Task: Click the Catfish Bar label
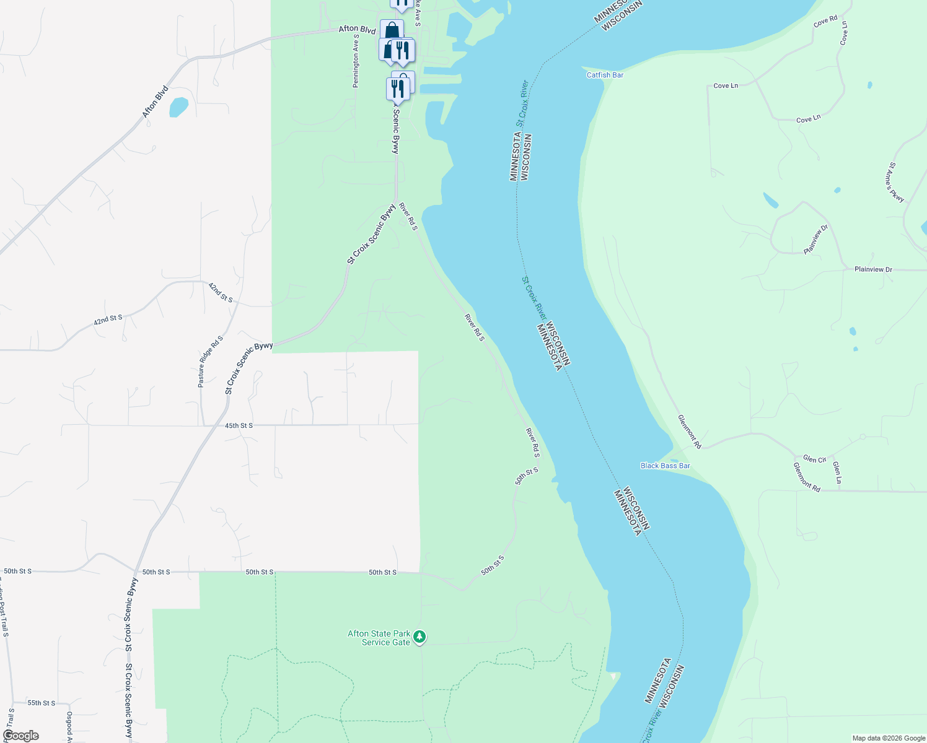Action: point(605,75)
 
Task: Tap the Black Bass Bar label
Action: point(665,466)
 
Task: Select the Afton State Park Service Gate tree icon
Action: point(420,637)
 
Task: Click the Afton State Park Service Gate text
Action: point(379,638)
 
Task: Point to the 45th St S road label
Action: point(239,426)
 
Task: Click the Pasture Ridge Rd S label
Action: point(210,362)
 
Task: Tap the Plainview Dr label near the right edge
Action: point(873,269)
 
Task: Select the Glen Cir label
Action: point(814,459)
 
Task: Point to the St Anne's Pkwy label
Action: point(896,183)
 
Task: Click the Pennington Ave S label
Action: point(356,61)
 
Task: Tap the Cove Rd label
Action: point(825,22)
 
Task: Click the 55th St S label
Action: point(41,703)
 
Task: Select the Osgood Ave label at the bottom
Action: point(69,726)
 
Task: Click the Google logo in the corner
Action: point(20,736)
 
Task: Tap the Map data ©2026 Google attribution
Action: point(889,738)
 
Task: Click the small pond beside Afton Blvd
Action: point(178,107)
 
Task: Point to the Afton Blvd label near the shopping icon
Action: point(357,29)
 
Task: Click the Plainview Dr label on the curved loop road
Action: point(815,240)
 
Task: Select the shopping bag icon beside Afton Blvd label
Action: point(392,30)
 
